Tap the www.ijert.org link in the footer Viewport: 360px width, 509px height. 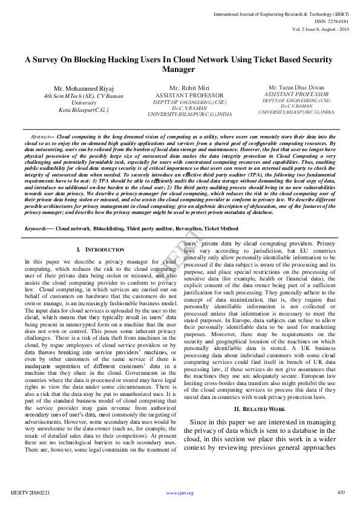(180, 493)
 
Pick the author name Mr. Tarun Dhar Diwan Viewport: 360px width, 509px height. (295, 88)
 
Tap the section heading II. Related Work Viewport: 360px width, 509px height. (259, 409)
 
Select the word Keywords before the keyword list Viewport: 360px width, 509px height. (35, 229)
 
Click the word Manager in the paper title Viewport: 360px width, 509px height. (178, 69)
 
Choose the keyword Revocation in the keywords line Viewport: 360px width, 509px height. (183, 229)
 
